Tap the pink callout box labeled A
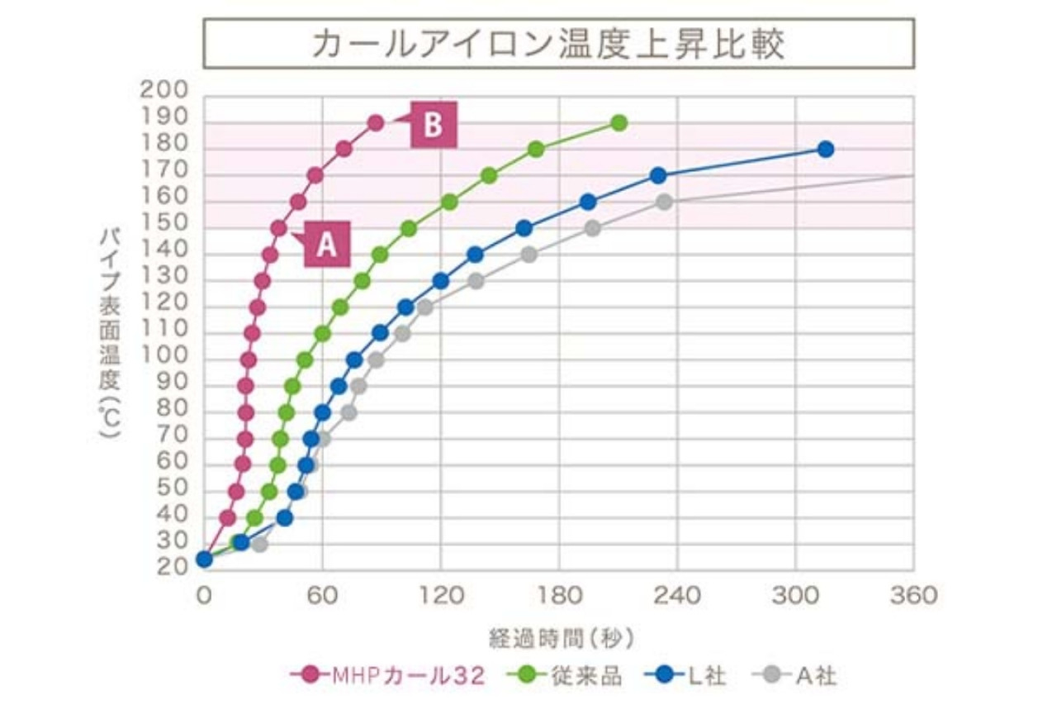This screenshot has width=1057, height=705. pyautogui.click(x=327, y=245)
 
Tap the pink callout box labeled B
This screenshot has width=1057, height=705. pyautogui.click(x=434, y=126)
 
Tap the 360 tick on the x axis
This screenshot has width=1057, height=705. pyautogui.click(x=913, y=595)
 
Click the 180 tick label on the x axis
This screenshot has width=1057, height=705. pyautogui.click(x=560, y=595)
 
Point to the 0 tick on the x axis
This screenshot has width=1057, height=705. pyautogui.click(x=204, y=595)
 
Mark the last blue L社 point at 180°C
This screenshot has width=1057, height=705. pyautogui.click(x=825, y=150)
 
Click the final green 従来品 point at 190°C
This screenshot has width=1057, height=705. pyautogui.click(x=619, y=123)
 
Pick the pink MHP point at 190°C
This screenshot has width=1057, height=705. pyautogui.click(x=376, y=123)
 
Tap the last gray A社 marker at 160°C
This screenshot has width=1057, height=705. pyautogui.click(x=664, y=202)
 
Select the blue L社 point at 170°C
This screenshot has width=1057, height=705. pyautogui.click(x=658, y=175)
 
